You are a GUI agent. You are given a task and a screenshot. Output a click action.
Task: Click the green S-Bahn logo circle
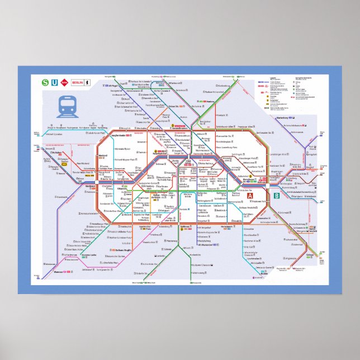45,83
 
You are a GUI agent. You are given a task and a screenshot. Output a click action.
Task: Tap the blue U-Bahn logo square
54,83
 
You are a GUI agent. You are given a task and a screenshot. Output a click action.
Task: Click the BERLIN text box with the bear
78,83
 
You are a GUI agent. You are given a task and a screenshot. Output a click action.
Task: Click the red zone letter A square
250,195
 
